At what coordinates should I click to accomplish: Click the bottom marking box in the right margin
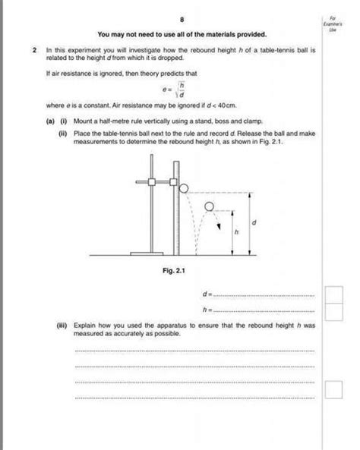333,389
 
